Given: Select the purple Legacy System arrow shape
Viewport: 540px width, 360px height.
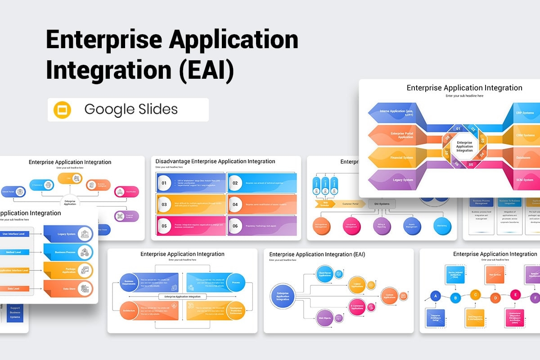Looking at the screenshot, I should [x=396, y=180].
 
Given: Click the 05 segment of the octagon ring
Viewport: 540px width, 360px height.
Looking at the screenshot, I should [x=471, y=164].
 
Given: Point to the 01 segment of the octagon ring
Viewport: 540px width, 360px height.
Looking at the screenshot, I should [x=459, y=129].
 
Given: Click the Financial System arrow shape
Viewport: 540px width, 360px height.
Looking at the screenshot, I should [x=396, y=157].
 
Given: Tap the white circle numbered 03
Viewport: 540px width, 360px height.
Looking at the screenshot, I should [x=164, y=205].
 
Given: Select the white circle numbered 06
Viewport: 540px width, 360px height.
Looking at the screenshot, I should [x=235, y=226].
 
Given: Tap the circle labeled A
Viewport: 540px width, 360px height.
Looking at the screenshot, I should [x=435, y=296].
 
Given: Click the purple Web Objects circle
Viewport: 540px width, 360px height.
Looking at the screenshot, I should [x=325, y=318].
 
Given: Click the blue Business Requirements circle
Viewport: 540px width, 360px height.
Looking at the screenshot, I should [x=129, y=282].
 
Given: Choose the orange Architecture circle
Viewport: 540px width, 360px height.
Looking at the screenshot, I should [x=129, y=310].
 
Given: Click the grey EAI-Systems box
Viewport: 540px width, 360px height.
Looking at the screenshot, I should [x=382, y=204].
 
